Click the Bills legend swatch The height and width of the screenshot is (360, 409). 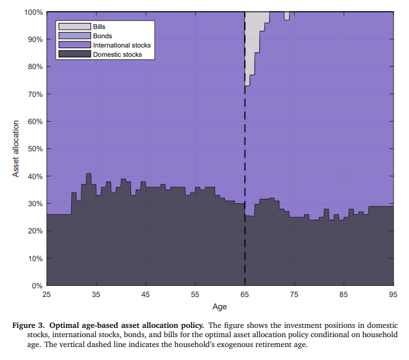pos(74,27)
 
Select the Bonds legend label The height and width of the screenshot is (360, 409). pos(103,36)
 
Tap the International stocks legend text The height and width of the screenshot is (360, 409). pos(122,45)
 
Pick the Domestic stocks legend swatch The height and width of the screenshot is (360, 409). pos(74,54)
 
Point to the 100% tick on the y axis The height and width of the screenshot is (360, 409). pos(33,12)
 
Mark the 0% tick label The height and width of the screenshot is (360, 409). pos(36,286)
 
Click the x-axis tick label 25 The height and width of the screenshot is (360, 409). pos(46,295)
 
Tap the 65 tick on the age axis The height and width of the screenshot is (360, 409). pos(245,295)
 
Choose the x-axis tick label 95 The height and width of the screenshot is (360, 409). pos(393,295)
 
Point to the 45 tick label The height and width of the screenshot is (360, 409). pos(146,295)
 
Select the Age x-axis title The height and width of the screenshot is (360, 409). pos(219,306)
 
